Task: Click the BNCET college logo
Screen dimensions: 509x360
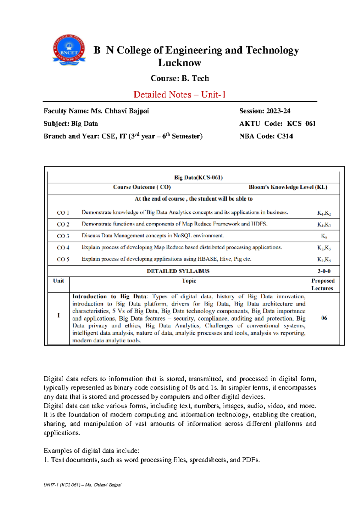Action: tap(69, 50)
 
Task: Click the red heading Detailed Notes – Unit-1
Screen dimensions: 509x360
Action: tap(179, 95)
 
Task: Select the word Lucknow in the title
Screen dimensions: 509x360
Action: tap(179, 63)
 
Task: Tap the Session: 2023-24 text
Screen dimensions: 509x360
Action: tap(265, 111)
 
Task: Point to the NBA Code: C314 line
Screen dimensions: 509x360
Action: tap(266, 136)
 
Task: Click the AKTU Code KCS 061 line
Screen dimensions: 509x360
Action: tap(277, 124)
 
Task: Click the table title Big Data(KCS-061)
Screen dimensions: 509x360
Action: tap(198, 177)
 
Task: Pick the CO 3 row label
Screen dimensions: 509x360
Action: tap(63, 236)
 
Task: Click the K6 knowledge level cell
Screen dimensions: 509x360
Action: tap(324, 236)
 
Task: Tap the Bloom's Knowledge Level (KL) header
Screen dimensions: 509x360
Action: tap(288, 187)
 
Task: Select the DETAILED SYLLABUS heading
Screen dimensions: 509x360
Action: tap(178, 271)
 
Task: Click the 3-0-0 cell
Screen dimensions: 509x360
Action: tap(324, 271)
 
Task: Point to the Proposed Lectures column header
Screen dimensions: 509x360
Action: tap(323, 284)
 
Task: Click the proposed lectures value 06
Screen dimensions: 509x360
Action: tap(324, 318)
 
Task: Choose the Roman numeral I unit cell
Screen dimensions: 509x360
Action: tap(58, 315)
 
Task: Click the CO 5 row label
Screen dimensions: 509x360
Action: tap(63, 259)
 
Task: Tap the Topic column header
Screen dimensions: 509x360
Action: tap(189, 281)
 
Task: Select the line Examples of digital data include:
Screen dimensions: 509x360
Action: tap(91, 450)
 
